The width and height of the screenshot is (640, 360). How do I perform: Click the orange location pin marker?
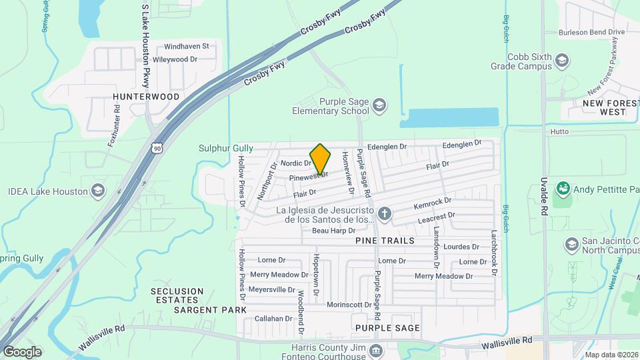coord(320,159)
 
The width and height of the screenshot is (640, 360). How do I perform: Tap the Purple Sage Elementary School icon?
coord(379,105)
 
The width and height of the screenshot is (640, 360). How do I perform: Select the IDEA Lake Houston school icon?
coord(98,191)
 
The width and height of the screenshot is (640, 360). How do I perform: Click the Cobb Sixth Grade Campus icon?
coord(562,61)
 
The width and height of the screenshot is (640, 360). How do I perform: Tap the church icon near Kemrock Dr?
coord(383,214)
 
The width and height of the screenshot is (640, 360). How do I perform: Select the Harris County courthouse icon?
coord(375,350)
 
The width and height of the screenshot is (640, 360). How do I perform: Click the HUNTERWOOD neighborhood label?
coord(146,97)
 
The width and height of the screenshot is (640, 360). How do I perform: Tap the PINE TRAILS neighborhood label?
coord(385,240)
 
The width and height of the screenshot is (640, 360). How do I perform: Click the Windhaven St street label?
coord(186,46)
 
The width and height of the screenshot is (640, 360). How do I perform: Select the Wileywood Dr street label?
coord(175,59)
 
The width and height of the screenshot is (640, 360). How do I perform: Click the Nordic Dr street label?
coord(296,163)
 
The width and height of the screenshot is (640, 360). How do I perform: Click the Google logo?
coord(22,351)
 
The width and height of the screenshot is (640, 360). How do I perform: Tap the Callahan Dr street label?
coord(274,319)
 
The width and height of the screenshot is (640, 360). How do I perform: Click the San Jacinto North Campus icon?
coord(571,245)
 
